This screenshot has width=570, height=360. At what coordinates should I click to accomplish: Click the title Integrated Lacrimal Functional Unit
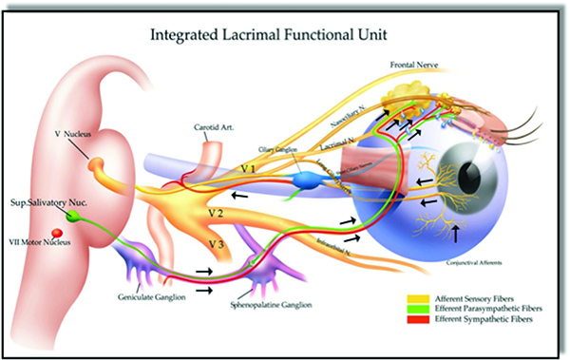[285, 36]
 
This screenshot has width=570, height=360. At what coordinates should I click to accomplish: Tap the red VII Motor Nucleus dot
[57, 233]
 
